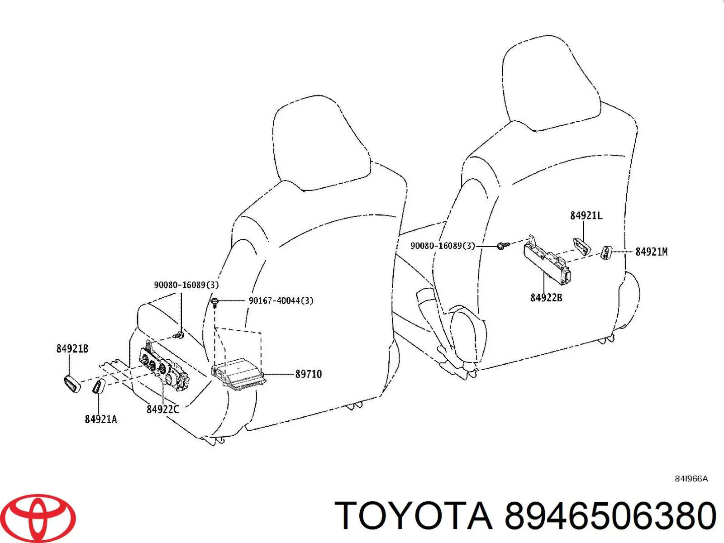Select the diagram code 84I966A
tap(691, 479)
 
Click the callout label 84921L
tap(586, 216)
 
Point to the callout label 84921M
tap(652, 252)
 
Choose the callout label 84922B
tap(546, 298)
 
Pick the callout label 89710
tap(309, 374)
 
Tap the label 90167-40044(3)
tap(281, 300)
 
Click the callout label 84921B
tap(72, 348)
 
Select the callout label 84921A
tap(101, 419)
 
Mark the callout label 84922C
tap(162, 409)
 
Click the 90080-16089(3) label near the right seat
tap(443, 246)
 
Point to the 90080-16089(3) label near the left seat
tap(186, 285)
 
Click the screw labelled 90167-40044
tap(215, 303)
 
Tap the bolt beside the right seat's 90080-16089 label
tap(503, 245)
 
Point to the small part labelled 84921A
tap(98, 386)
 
